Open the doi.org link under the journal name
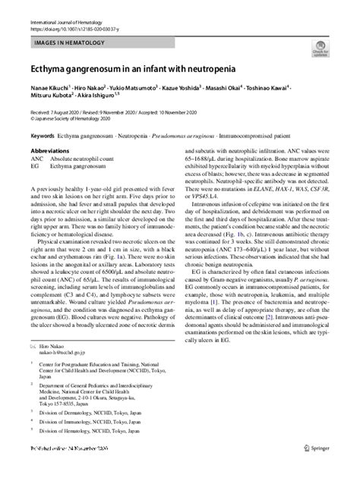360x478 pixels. point(74,30)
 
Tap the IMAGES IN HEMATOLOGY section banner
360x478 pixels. point(66,46)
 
